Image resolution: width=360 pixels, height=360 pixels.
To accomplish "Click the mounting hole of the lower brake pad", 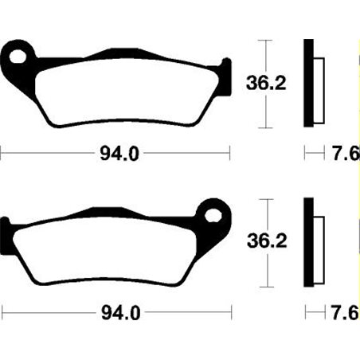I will (213, 213).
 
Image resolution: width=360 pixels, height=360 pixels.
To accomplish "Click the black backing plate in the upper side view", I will (307, 83).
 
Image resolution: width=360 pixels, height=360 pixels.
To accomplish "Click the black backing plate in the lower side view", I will (307, 241).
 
